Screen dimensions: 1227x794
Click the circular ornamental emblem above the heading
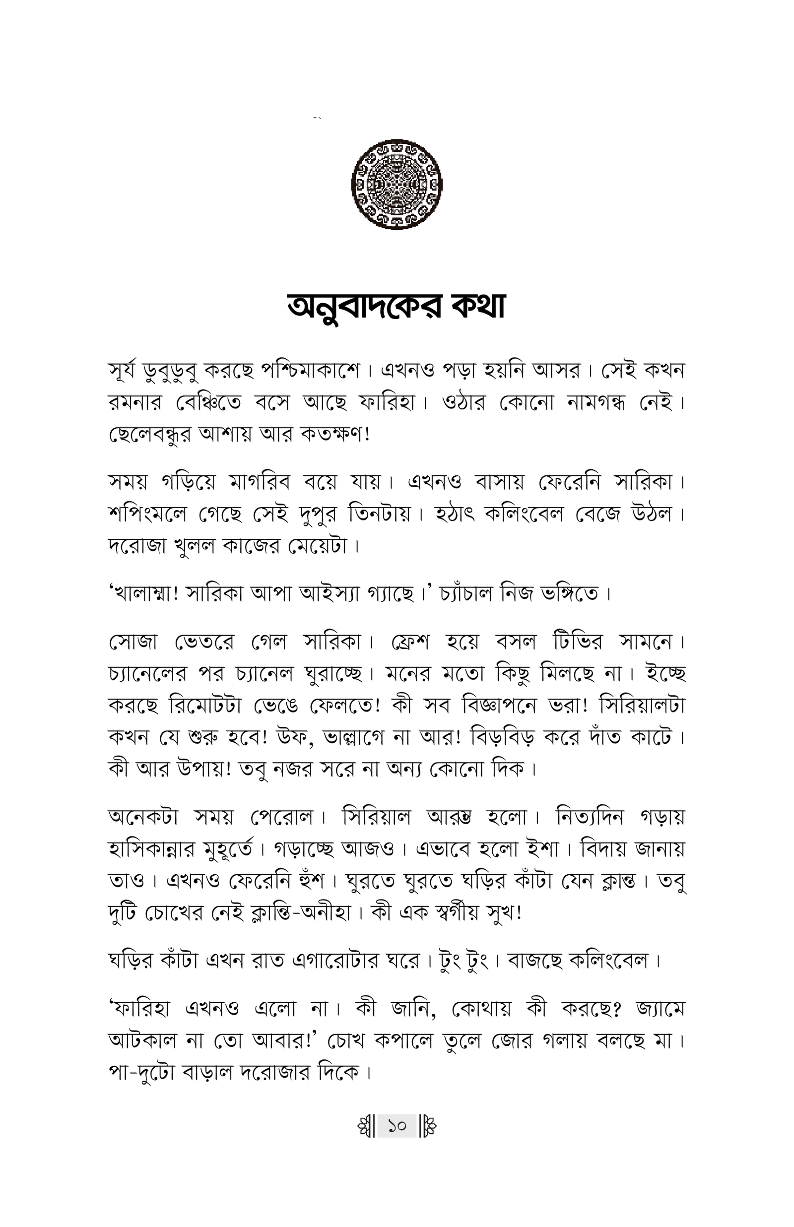pyautogui.click(x=397, y=184)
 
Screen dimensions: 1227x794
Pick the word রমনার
pyautogui.click(x=135, y=402)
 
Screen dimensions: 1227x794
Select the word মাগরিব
pyautogui.click(x=260, y=482)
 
